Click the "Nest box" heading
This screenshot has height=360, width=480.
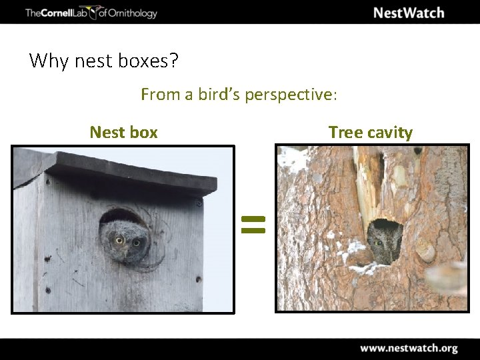tap(123, 132)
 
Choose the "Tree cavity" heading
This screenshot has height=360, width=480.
tap(370, 132)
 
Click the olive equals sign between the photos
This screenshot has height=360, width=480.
tap(253, 224)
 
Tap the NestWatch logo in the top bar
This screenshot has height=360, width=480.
tap(408, 13)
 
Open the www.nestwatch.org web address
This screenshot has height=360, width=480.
tap(409, 348)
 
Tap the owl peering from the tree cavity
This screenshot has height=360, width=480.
tap(382, 241)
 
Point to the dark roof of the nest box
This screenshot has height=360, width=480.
tap(133, 172)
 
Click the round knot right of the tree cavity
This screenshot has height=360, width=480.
tap(424, 252)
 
